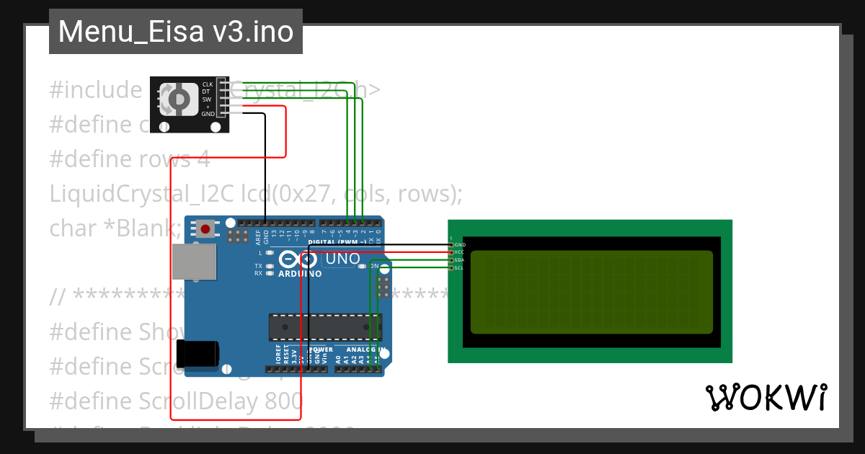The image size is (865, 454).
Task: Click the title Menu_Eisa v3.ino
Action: pyautogui.click(x=175, y=32)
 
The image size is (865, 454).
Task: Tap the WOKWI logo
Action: pyautogui.click(x=766, y=397)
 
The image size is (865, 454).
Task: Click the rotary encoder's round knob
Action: pyautogui.click(x=178, y=99)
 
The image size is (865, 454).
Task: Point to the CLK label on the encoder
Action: pyautogui.click(x=208, y=84)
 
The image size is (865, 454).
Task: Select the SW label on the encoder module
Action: pyautogui.click(x=207, y=99)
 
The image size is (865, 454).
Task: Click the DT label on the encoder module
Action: pyautogui.click(x=207, y=92)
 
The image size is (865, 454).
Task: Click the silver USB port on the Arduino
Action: pyautogui.click(x=194, y=261)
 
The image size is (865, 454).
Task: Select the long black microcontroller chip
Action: pyautogui.click(x=325, y=326)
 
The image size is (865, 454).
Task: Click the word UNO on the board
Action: pyautogui.click(x=343, y=259)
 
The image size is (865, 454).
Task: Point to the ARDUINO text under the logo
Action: pyautogui.click(x=299, y=275)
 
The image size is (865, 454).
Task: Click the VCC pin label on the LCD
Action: pyautogui.click(x=459, y=252)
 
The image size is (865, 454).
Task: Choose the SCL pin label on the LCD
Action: pyautogui.click(x=459, y=268)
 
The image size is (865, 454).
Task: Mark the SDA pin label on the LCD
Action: pyautogui.click(x=459, y=260)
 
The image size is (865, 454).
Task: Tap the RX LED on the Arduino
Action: pyautogui.click(x=269, y=274)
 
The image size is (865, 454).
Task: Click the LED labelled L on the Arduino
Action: pyautogui.click(x=269, y=253)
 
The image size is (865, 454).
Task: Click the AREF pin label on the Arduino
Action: pyautogui.click(x=258, y=237)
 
